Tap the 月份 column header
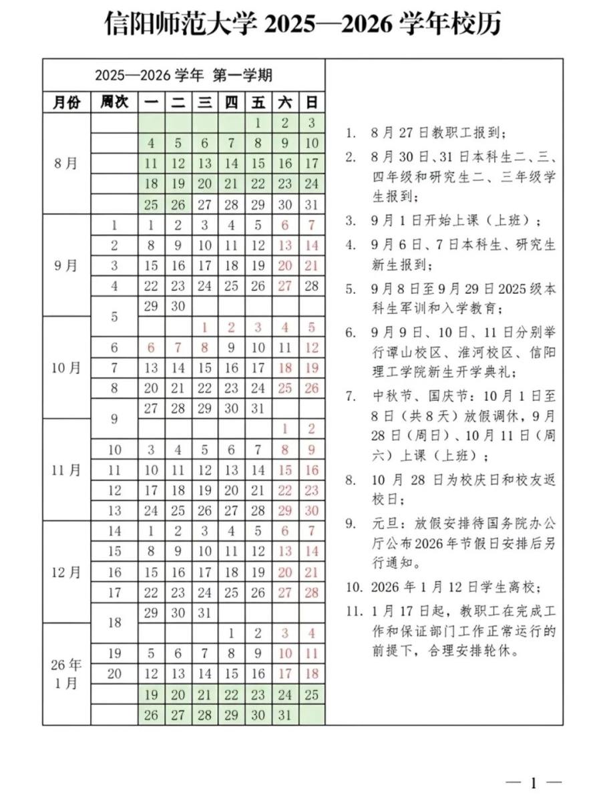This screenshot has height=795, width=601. click(66, 102)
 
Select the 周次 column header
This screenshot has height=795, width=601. click(114, 102)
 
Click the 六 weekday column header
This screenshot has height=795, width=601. click(285, 102)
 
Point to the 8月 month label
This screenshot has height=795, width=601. click(66, 163)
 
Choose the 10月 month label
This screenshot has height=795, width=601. click(66, 367)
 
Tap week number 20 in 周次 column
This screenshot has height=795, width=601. click(114, 673)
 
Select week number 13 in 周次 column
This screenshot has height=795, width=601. click(114, 510)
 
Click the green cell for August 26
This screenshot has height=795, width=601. click(178, 204)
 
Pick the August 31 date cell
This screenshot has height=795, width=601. click(311, 204)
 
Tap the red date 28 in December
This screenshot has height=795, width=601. click(311, 592)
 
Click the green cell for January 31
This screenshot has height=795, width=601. click(285, 714)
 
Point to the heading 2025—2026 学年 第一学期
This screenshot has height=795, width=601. click(183, 75)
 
